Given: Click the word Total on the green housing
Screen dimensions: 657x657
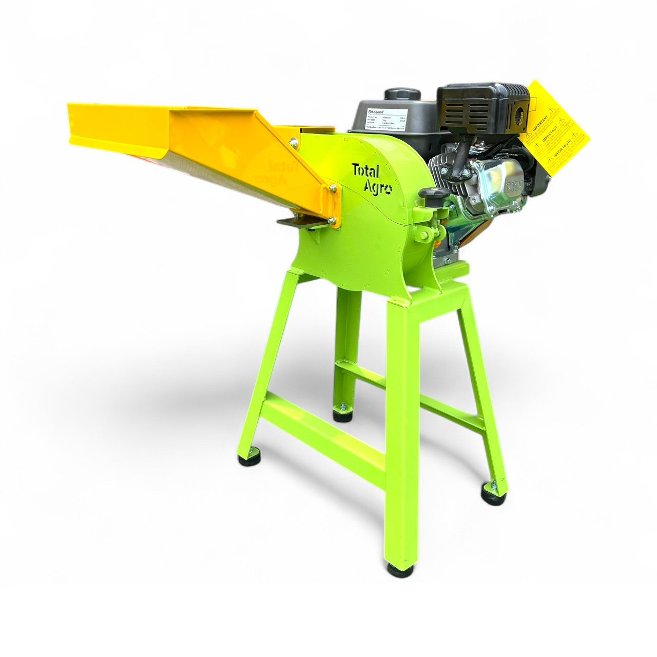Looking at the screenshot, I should (365, 170).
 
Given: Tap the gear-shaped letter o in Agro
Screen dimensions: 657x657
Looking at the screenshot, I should (389, 190).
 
